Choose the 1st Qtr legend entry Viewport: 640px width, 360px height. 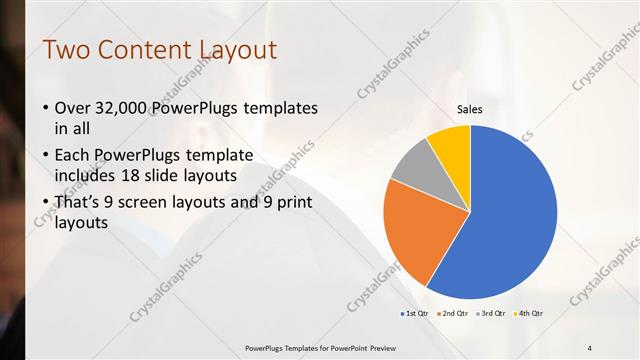point(415,314)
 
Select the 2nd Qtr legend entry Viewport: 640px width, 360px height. point(456,314)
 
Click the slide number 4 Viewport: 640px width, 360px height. point(590,347)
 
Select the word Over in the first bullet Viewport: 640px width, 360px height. point(73,108)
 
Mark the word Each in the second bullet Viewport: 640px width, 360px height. point(74,156)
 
